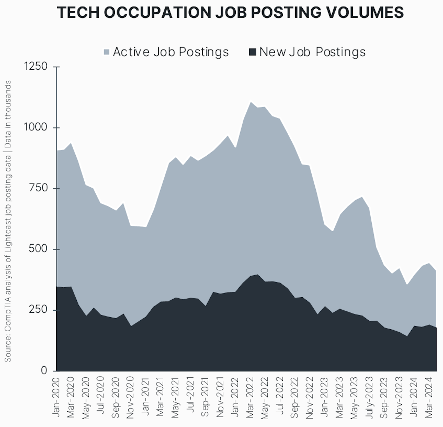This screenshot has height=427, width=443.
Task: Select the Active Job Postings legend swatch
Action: point(107,52)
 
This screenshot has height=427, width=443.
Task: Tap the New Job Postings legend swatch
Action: point(253,52)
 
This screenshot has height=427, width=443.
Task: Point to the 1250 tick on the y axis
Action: point(36,66)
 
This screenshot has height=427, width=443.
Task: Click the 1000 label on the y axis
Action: point(36,127)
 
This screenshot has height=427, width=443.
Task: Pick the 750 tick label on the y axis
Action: point(38,188)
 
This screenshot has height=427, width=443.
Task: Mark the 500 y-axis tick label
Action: point(38,249)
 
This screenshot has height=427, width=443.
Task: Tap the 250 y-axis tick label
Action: point(38,310)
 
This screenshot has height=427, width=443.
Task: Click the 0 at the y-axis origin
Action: point(44,371)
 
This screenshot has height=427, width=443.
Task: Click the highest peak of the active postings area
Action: point(251,102)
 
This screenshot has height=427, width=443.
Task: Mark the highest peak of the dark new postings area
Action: point(257,274)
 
